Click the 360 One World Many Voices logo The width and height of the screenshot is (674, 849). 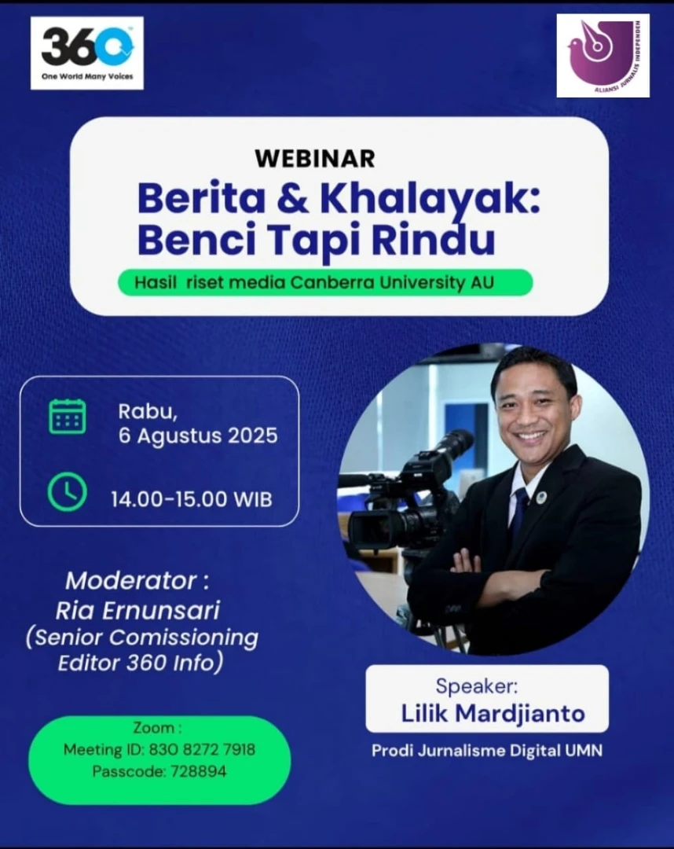coord(87,53)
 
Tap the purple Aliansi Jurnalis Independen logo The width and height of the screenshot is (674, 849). coord(603,56)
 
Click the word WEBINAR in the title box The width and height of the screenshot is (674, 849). coord(315,159)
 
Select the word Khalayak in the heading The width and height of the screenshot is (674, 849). coord(430,199)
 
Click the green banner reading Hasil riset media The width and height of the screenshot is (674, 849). coord(325,283)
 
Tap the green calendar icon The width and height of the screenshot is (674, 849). coord(67,417)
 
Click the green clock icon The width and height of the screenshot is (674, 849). coord(67,492)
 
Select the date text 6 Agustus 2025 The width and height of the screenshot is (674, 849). coord(198,436)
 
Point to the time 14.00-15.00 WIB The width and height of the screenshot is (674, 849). coord(192,499)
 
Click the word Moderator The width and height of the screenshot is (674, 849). coord(131,581)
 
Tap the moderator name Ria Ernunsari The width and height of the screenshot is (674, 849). coord(138,610)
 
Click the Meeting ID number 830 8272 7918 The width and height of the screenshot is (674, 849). coord(202,749)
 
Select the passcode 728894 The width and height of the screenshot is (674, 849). coord(199,771)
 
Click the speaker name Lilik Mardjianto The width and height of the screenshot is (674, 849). coord(493,713)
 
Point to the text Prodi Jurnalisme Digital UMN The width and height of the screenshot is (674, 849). coord(487,751)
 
